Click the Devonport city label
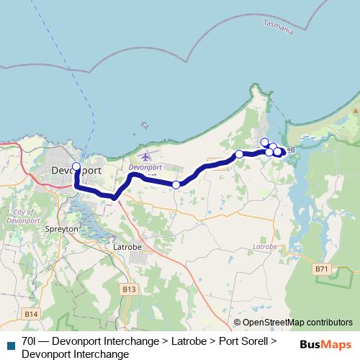click(x=76, y=171)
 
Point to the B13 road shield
click(x=129, y=289)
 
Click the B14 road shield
click(x=30, y=314)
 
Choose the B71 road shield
click(x=322, y=269)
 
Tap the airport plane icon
click(x=147, y=156)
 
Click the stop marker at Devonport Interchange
click(x=76, y=166)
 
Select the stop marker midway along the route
click(x=176, y=185)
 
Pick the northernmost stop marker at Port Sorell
click(x=264, y=142)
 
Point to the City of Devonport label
click(x=26, y=215)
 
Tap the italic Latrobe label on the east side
click(x=265, y=247)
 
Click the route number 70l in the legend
click(x=30, y=340)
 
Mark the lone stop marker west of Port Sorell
click(x=239, y=154)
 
